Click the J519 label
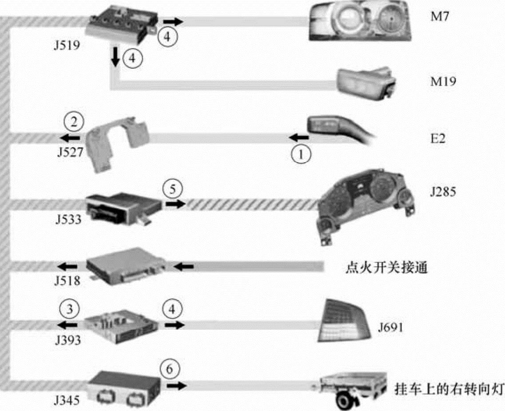tap(67, 45)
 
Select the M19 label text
tap(444, 81)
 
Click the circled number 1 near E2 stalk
tap(301, 154)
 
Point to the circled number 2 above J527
tap(74, 122)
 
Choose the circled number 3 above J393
tap(70, 309)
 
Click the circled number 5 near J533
tap(173, 189)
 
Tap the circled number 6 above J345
tap(169, 369)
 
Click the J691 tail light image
tap(344, 320)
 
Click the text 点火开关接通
tap(386, 267)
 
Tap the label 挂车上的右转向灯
tap(448, 389)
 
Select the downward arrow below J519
tap(115, 57)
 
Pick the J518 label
tap(68, 281)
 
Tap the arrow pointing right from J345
tap(176, 385)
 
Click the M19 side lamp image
tap(366, 82)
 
